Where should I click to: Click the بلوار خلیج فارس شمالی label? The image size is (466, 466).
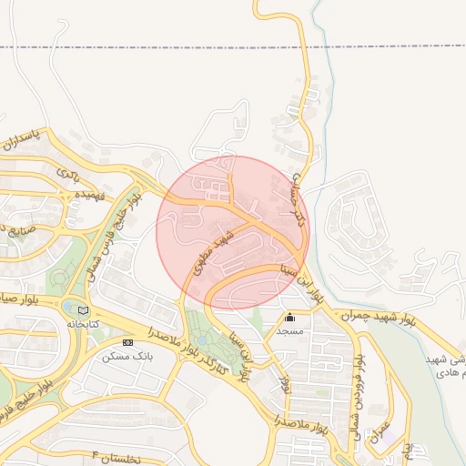pyautogui.click(x=111, y=218)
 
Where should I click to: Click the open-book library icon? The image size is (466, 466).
pyautogui.click(x=84, y=310)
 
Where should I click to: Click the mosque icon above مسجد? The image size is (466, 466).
pyautogui.click(x=290, y=318)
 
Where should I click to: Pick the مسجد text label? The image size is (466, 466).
pyautogui.click(x=289, y=331)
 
